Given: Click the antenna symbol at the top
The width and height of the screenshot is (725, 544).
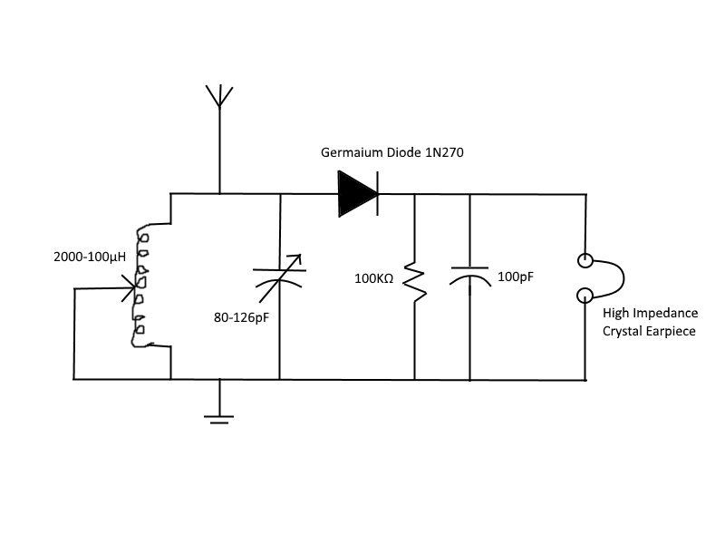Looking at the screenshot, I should pos(218,96).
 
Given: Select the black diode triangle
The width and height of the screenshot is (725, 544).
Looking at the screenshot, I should pos(356,194).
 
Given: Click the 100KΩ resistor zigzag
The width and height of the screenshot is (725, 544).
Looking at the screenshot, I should pos(414,283).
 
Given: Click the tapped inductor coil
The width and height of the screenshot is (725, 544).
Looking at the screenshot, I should pos(142,286).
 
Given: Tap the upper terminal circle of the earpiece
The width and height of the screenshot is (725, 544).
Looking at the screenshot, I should pos(586,262).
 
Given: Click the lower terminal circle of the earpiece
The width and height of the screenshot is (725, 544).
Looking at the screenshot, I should pos(586,295).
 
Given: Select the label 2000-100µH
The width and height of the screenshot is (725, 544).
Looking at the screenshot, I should pos(90,257).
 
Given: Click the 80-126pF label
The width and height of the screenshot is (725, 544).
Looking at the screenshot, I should pos(240,316).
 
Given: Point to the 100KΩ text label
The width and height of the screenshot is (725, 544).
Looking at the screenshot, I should pos(373,278).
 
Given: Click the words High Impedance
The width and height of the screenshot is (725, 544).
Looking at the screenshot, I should pos(650,314).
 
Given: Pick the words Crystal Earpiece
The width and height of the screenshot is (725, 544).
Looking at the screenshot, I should pos(649,332).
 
